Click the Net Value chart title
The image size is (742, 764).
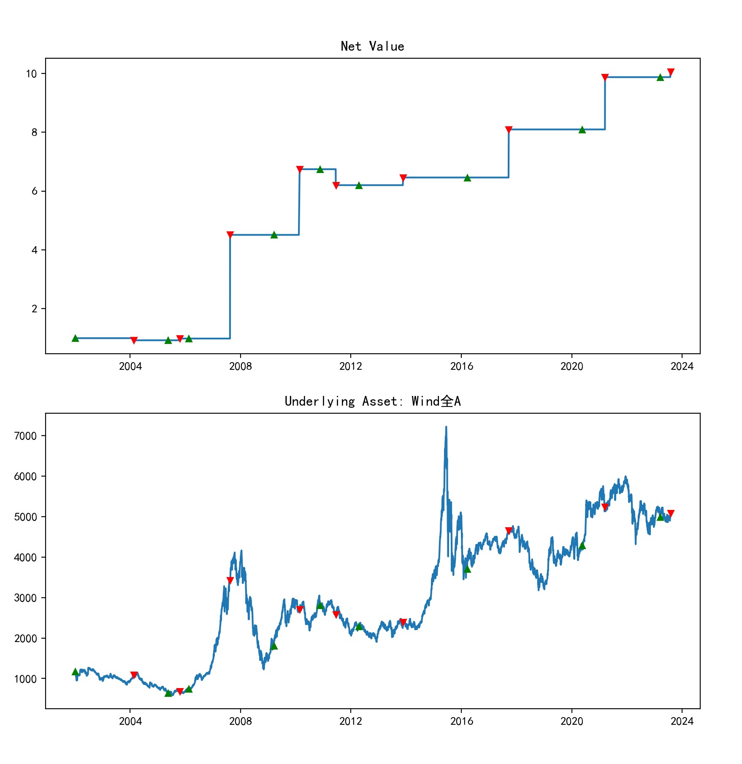click(x=372, y=46)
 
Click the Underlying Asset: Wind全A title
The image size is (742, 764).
click(x=372, y=401)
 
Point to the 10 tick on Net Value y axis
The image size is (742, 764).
click(x=32, y=74)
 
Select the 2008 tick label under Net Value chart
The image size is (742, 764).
click(x=240, y=366)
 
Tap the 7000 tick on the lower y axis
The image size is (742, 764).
click(x=25, y=436)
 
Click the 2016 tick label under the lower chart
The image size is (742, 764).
click(x=461, y=721)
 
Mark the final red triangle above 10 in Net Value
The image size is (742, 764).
click(x=671, y=72)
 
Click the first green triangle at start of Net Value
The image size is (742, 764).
click(x=75, y=338)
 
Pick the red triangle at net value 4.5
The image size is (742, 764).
click(x=230, y=235)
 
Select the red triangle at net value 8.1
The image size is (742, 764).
click(x=509, y=130)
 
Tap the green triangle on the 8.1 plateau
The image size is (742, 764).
click(x=582, y=130)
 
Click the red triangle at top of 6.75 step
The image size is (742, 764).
click(x=300, y=169)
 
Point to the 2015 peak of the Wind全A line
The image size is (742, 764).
click(x=446, y=428)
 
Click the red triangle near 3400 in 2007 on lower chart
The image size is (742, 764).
click(x=230, y=580)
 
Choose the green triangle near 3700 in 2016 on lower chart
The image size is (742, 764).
click(x=467, y=569)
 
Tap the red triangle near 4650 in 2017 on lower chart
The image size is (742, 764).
click(x=509, y=531)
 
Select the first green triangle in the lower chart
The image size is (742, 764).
click(x=75, y=672)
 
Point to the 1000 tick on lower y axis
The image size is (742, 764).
click(x=25, y=679)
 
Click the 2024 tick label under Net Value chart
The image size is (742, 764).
click(x=682, y=366)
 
